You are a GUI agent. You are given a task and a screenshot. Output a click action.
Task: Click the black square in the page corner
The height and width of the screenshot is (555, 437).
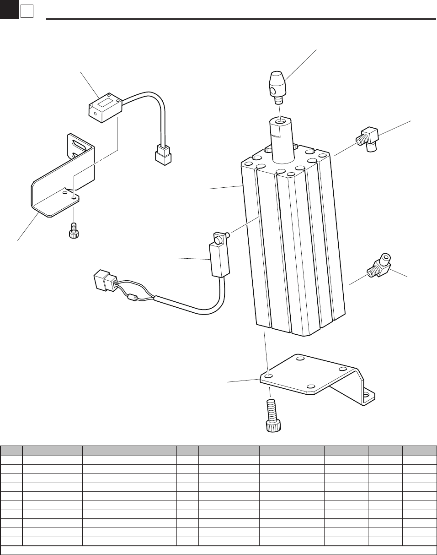[x=9, y=9]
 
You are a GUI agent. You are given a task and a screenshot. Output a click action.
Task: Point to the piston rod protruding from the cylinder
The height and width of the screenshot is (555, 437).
[x=282, y=137]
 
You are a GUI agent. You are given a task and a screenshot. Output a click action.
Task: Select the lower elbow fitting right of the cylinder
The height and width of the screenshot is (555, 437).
[x=379, y=267]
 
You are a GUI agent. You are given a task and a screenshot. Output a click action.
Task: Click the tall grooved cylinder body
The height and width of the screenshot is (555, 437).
[x=293, y=247]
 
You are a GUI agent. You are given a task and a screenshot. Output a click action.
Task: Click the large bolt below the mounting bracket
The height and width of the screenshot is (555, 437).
[x=272, y=415]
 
